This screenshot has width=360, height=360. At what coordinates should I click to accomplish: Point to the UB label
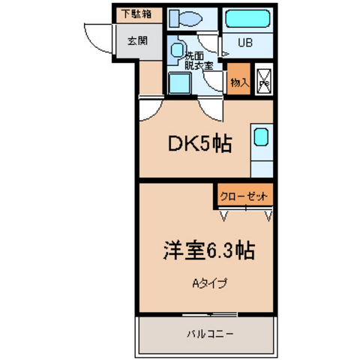tap(245, 43)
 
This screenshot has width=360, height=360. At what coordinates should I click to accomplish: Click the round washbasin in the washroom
tap(178, 50)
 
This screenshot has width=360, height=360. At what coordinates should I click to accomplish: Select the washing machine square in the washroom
tap(178, 82)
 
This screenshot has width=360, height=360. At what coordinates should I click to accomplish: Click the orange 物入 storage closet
tap(239, 81)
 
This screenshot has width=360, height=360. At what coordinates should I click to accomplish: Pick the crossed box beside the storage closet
tap(265, 81)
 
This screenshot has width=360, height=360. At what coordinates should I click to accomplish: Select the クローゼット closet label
tap(244, 196)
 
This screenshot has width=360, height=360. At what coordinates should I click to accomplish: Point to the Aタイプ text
tap(209, 283)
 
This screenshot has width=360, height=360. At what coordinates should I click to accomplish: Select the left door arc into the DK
tap(148, 111)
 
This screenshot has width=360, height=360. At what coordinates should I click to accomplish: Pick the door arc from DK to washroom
tap(212, 111)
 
